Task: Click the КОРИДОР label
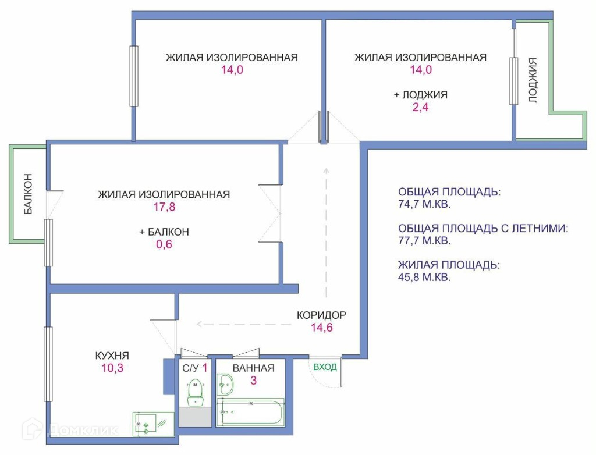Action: [321, 315]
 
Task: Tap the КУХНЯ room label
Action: [112, 356]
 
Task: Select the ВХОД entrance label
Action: [325, 367]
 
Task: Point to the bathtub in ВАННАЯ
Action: [251, 414]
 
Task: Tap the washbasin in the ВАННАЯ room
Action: [225, 384]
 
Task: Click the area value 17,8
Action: [164, 207]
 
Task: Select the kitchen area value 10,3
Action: [112, 368]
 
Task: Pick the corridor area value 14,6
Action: [321, 328]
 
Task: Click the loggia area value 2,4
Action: [420, 107]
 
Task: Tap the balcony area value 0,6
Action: [164, 244]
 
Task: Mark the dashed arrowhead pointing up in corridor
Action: [327, 171]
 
